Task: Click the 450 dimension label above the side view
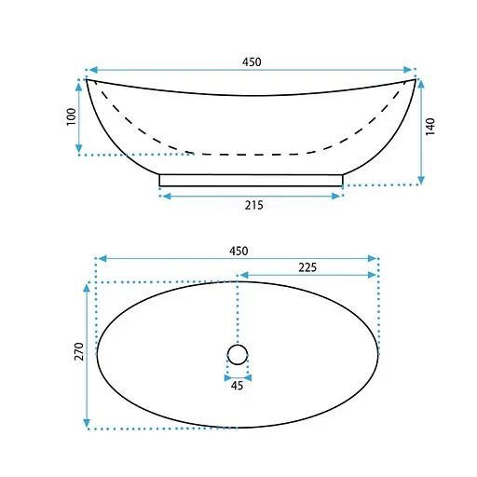click(x=252, y=62)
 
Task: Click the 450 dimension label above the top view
click(x=238, y=251)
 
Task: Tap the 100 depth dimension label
click(x=72, y=116)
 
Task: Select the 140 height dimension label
click(x=430, y=127)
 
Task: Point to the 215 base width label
click(x=253, y=205)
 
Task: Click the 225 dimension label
click(x=307, y=267)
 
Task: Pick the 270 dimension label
click(x=79, y=351)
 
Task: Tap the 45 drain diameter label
click(x=237, y=386)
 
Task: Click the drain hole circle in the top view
click(x=238, y=345)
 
